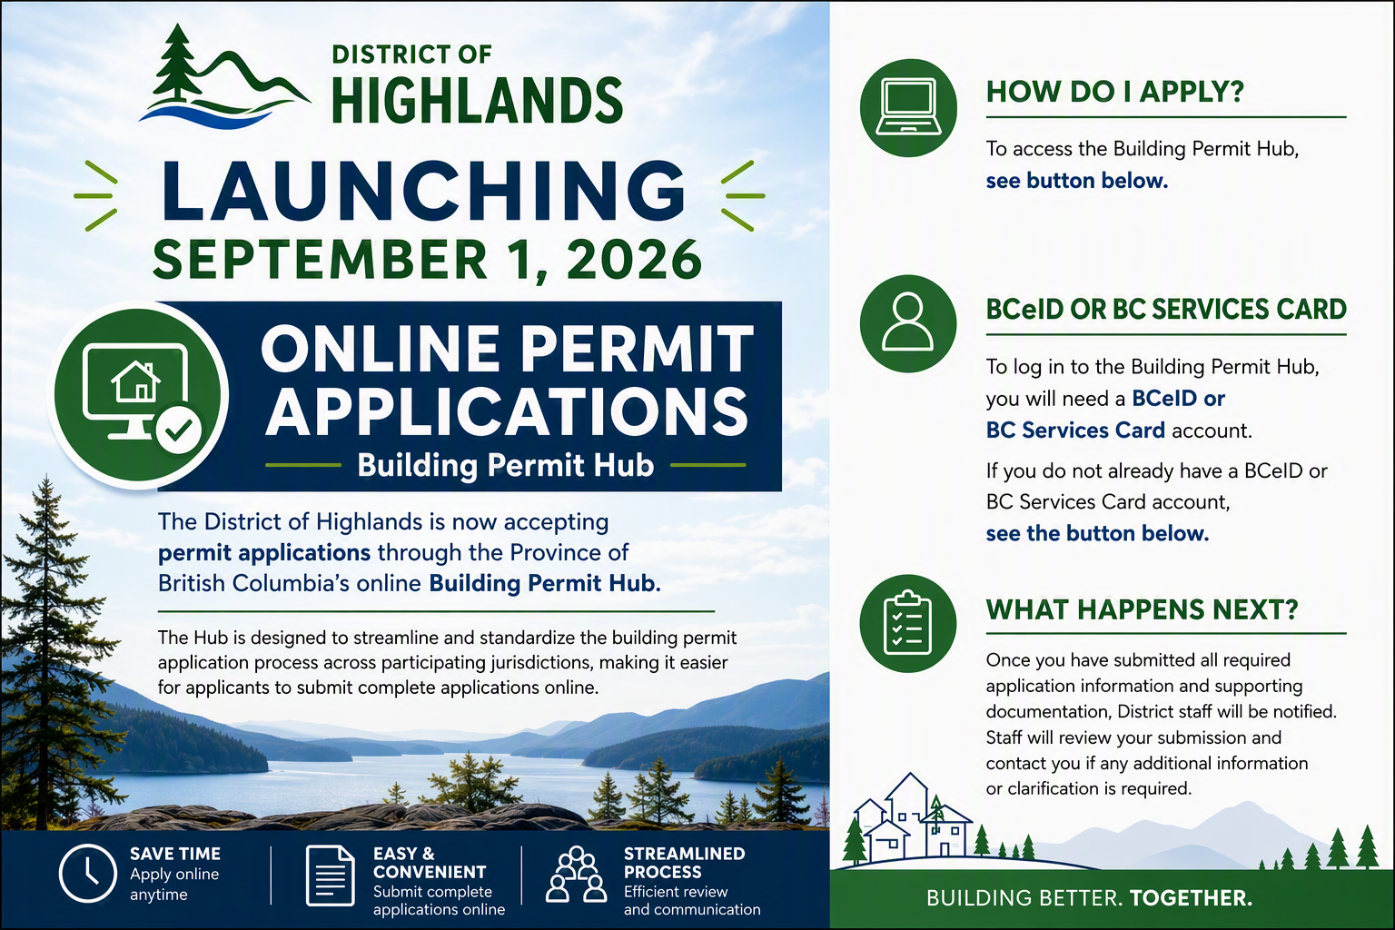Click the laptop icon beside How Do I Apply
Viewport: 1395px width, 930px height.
[908, 107]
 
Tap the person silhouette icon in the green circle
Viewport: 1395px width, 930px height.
[907, 322]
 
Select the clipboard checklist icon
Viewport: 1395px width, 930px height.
[907, 622]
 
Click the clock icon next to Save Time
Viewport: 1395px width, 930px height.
[87, 874]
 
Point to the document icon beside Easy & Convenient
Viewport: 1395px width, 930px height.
[330, 876]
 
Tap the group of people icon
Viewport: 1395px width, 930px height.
[576, 874]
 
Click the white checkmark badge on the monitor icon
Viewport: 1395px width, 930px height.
[178, 430]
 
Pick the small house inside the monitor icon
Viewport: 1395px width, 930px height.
[135, 381]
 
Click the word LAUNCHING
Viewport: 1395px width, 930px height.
[423, 191]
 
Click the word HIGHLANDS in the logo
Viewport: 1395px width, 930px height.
[477, 100]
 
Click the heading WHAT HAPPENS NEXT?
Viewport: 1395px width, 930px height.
[1143, 609]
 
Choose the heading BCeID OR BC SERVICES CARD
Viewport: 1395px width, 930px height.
[1166, 309]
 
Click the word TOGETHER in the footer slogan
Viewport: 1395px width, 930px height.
[1191, 897]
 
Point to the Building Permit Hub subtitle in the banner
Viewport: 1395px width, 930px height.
[506, 465]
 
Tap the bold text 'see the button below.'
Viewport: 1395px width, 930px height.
[1097, 533]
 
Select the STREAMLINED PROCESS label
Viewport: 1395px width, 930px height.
[685, 862]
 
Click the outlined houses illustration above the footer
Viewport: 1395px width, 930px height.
[911, 817]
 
